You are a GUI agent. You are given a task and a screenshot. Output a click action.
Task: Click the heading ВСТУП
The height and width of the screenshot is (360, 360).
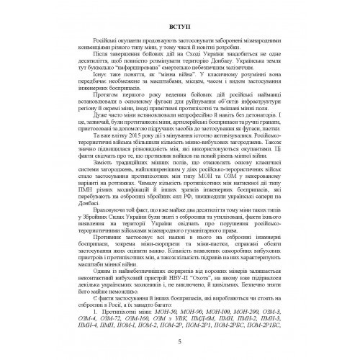click(180, 27)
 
